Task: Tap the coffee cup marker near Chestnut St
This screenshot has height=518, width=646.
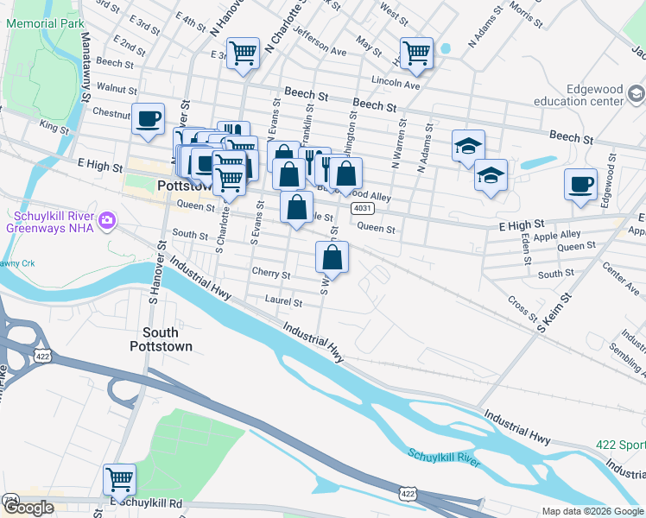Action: click(x=148, y=118)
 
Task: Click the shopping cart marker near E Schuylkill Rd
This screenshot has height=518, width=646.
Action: click(x=119, y=479)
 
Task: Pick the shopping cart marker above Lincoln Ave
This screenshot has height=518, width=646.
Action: click(x=416, y=54)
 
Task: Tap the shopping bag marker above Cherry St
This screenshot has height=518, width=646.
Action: click(x=332, y=257)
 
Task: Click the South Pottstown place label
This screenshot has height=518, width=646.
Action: click(x=161, y=339)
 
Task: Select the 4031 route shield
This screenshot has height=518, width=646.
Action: click(x=362, y=209)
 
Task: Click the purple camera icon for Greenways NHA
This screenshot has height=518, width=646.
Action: click(x=106, y=221)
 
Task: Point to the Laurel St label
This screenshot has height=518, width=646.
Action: click(x=283, y=303)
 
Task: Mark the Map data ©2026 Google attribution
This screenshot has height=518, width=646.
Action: click(x=592, y=511)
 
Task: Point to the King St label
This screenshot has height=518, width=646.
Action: click(x=54, y=127)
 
